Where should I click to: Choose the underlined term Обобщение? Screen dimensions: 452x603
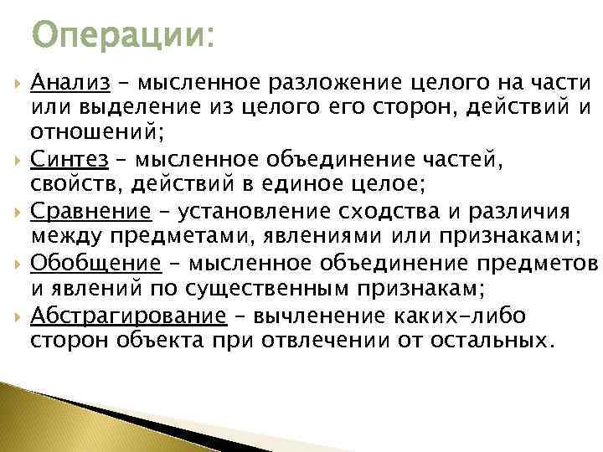click(95, 263)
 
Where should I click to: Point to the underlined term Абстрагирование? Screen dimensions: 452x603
click(128, 315)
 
